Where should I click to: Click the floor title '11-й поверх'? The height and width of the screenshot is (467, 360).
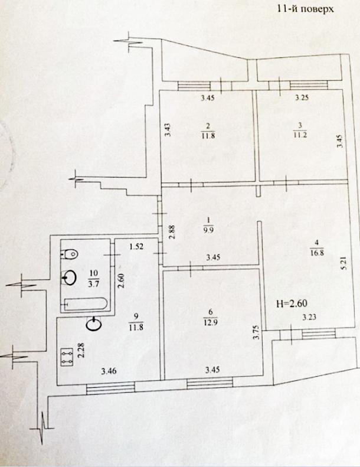305,9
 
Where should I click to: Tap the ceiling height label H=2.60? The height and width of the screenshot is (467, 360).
292,304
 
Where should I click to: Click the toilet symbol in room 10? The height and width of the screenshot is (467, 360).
70,254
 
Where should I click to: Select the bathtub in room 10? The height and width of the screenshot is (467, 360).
86,304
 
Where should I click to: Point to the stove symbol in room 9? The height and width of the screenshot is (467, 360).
67,357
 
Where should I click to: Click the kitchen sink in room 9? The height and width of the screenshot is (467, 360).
93,324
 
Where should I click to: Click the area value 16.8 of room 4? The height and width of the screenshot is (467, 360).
317,253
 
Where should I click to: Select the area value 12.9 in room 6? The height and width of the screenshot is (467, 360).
211,322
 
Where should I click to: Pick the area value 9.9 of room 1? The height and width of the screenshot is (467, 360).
208,230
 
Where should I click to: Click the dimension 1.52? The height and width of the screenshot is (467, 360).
136,247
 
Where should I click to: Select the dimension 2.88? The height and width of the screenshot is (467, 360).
172,232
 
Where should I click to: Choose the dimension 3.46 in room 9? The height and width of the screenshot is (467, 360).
109,371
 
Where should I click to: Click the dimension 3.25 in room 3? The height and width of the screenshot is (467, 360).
302,97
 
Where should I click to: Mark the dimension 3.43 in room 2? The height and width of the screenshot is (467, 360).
168,130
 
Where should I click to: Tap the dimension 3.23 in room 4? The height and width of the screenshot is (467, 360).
309,318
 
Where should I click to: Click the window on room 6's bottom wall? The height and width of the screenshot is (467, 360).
210,383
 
